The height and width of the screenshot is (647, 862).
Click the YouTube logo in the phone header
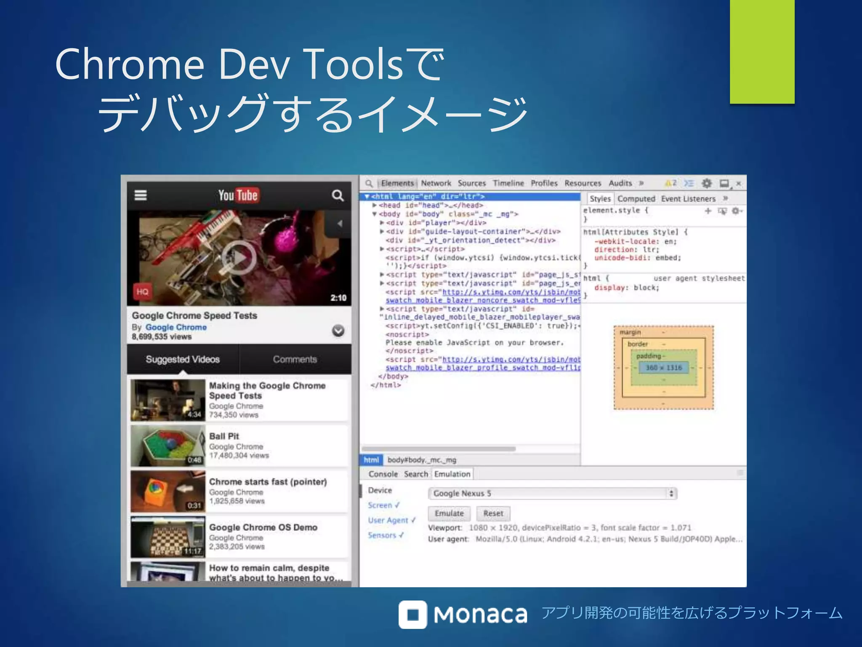click(x=238, y=195)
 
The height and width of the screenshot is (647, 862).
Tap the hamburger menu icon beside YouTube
click(x=141, y=195)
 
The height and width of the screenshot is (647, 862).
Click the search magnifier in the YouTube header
click(x=337, y=195)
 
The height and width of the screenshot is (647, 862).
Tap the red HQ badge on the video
click(x=142, y=291)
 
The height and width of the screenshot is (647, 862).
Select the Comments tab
click(x=295, y=359)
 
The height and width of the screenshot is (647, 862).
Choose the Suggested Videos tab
click(x=183, y=359)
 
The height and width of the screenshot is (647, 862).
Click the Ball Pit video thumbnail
click(x=168, y=445)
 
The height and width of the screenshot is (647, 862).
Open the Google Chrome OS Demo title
click(x=263, y=527)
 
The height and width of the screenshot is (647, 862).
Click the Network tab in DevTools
click(x=436, y=183)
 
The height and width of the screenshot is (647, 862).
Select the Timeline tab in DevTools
click(x=508, y=183)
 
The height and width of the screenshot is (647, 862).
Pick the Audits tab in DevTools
click(x=620, y=183)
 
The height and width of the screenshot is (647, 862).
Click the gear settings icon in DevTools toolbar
click(x=707, y=183)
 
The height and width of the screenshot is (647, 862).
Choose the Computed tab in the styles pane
click(x=636, y=199)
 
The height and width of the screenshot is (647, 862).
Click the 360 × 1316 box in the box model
click(x=663, y=368)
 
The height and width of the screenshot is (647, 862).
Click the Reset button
click(x=493, y=513)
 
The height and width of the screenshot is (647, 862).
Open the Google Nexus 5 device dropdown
click(x=552, y=493)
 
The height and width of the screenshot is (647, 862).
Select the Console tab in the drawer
click(x=383, y=474)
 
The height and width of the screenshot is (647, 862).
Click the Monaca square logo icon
click(x=413, y=615)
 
